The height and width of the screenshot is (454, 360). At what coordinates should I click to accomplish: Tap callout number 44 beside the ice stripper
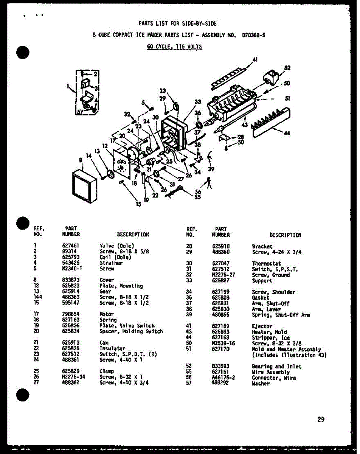tap(287, 133)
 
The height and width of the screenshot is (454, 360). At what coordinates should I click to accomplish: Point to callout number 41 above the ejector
tap(255, 59)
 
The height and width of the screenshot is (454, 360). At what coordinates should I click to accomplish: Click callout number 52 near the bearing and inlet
tap(287, 68)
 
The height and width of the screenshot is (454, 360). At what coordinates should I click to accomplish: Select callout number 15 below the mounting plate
tap(139, 204)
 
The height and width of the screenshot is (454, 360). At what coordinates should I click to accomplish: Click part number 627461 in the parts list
tap(71, 246)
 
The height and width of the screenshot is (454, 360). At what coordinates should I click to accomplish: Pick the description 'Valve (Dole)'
tap(117, 246)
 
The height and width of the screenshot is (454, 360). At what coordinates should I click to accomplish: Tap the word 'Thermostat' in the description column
tap(267, 263)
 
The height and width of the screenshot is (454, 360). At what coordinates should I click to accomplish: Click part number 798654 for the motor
tap(71, 314)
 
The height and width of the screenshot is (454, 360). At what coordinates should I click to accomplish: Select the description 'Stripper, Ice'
tap(271, 337)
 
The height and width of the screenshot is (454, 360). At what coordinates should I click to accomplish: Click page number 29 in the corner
tap(321, 419)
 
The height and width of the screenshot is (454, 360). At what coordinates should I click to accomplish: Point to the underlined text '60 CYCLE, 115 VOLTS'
tap(174, 47)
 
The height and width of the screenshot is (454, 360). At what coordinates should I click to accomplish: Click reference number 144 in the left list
tap(38, 297)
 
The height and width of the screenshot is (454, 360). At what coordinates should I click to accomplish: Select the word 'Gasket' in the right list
tap(261, 298)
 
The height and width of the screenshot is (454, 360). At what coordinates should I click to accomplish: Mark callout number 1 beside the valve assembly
tap(68, 86)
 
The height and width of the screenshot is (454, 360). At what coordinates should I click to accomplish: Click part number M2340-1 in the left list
tap(71, 269)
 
